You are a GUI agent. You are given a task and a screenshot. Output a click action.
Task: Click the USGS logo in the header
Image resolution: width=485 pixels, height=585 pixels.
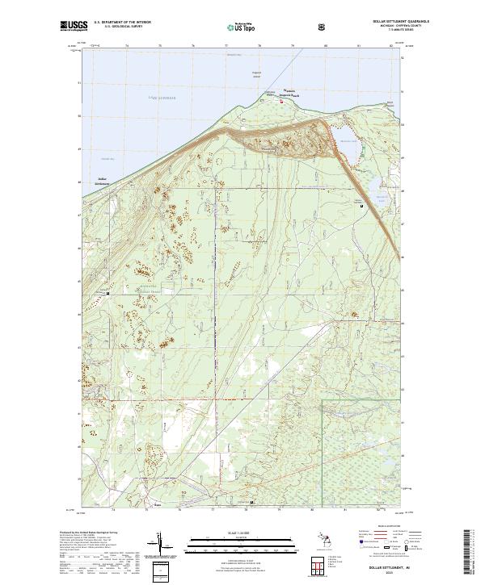tap(74, 27)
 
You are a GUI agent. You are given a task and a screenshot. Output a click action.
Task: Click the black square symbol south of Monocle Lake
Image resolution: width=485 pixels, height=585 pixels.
tap(361, 207)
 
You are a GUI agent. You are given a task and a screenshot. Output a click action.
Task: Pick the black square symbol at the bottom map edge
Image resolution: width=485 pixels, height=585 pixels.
tap(252, 504)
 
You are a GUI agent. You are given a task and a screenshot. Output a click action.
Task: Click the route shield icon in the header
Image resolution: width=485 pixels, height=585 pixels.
tap(324, 27)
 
